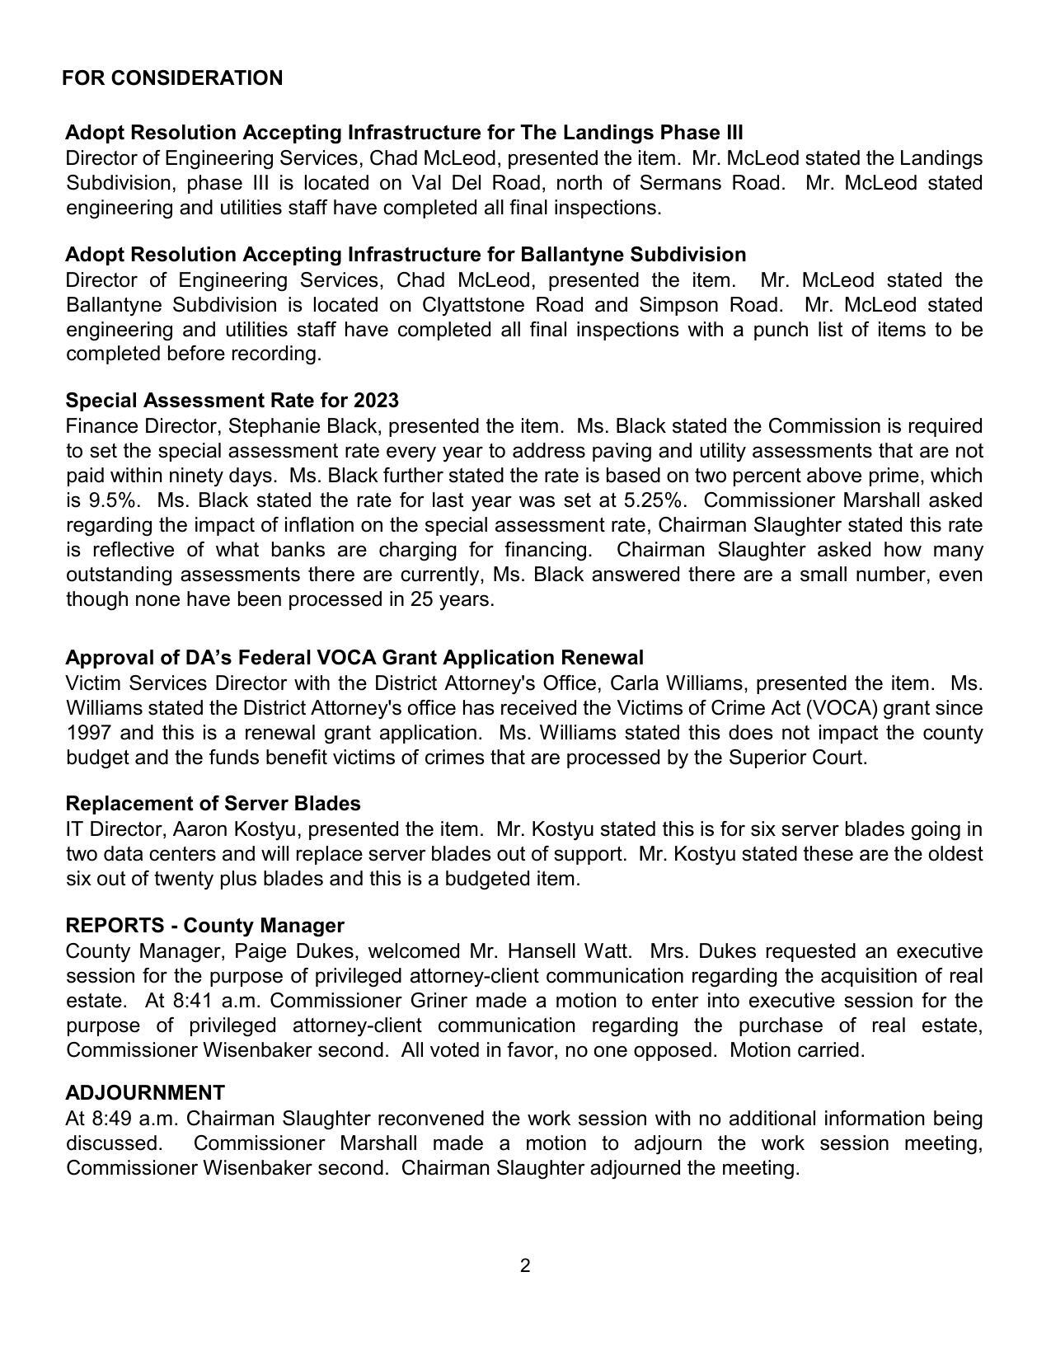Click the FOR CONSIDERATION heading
pyautogui.click(x=172, y=78)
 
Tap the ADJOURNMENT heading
pyautogui.click(x=145, y=1093)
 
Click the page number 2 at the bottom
pyautogui.click(x=525, y=1265)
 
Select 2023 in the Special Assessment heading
pyautogui.click(x=376, y=401)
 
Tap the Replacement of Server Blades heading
pyautogui.click(x=213, y=804)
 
